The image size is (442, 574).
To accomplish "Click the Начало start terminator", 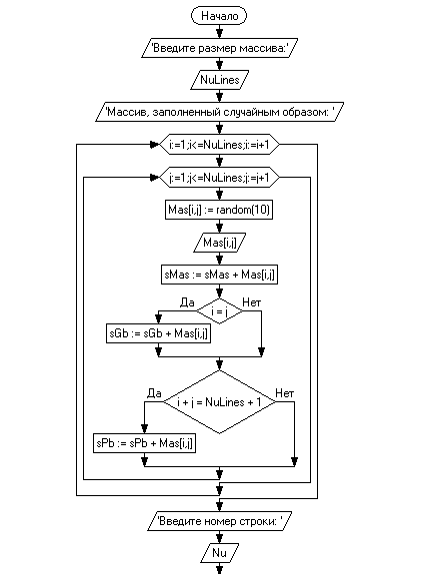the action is click(x=219, y=16).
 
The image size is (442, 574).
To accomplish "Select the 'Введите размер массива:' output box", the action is click(x=219, y=48).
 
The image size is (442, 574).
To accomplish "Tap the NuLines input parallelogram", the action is click(x=219, y=80).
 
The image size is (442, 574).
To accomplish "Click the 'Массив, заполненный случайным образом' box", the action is click(x=219, y=112).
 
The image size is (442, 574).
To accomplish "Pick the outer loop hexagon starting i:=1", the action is click(x=219, y=145).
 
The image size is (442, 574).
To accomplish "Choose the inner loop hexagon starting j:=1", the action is click(x=219, y=178).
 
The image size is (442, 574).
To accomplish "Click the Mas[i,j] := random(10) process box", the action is click(x=219, y=210).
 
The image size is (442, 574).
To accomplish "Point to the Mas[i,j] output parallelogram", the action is click(x=219, y=243).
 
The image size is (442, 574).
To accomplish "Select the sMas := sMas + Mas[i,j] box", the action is click(x=219, y=275).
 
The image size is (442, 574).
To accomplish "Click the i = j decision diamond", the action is click(x=219, y=311).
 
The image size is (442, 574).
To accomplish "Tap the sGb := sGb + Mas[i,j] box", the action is click(x=158, y=333).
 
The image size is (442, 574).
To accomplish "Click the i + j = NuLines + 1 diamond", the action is click(x=219, y=402).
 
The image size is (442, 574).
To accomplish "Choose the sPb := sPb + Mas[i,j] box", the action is click(x=144, y=443).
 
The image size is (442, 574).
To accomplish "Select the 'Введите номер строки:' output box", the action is click(x=219, y=521).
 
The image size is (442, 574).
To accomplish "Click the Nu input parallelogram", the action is click(x=219, y=553).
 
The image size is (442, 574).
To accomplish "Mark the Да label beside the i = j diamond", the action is click(x=187, y=302).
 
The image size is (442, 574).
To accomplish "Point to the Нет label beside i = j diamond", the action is click(x=252, y=302).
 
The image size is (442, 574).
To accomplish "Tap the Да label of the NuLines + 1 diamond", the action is click(x=154, y=393).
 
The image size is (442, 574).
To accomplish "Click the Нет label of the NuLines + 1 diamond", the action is click(x=285, y=393).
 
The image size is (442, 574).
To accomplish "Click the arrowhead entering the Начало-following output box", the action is click(x=219, y=34).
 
